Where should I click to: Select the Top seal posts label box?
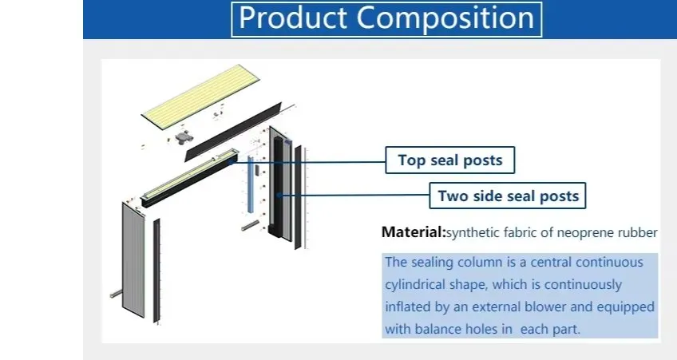[449, 160]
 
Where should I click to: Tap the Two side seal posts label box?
[508, 195]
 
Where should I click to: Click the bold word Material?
[413, 233]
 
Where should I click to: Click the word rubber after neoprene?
[639, 233]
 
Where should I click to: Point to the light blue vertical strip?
[250, 184]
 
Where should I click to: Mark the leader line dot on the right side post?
[277, 196]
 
